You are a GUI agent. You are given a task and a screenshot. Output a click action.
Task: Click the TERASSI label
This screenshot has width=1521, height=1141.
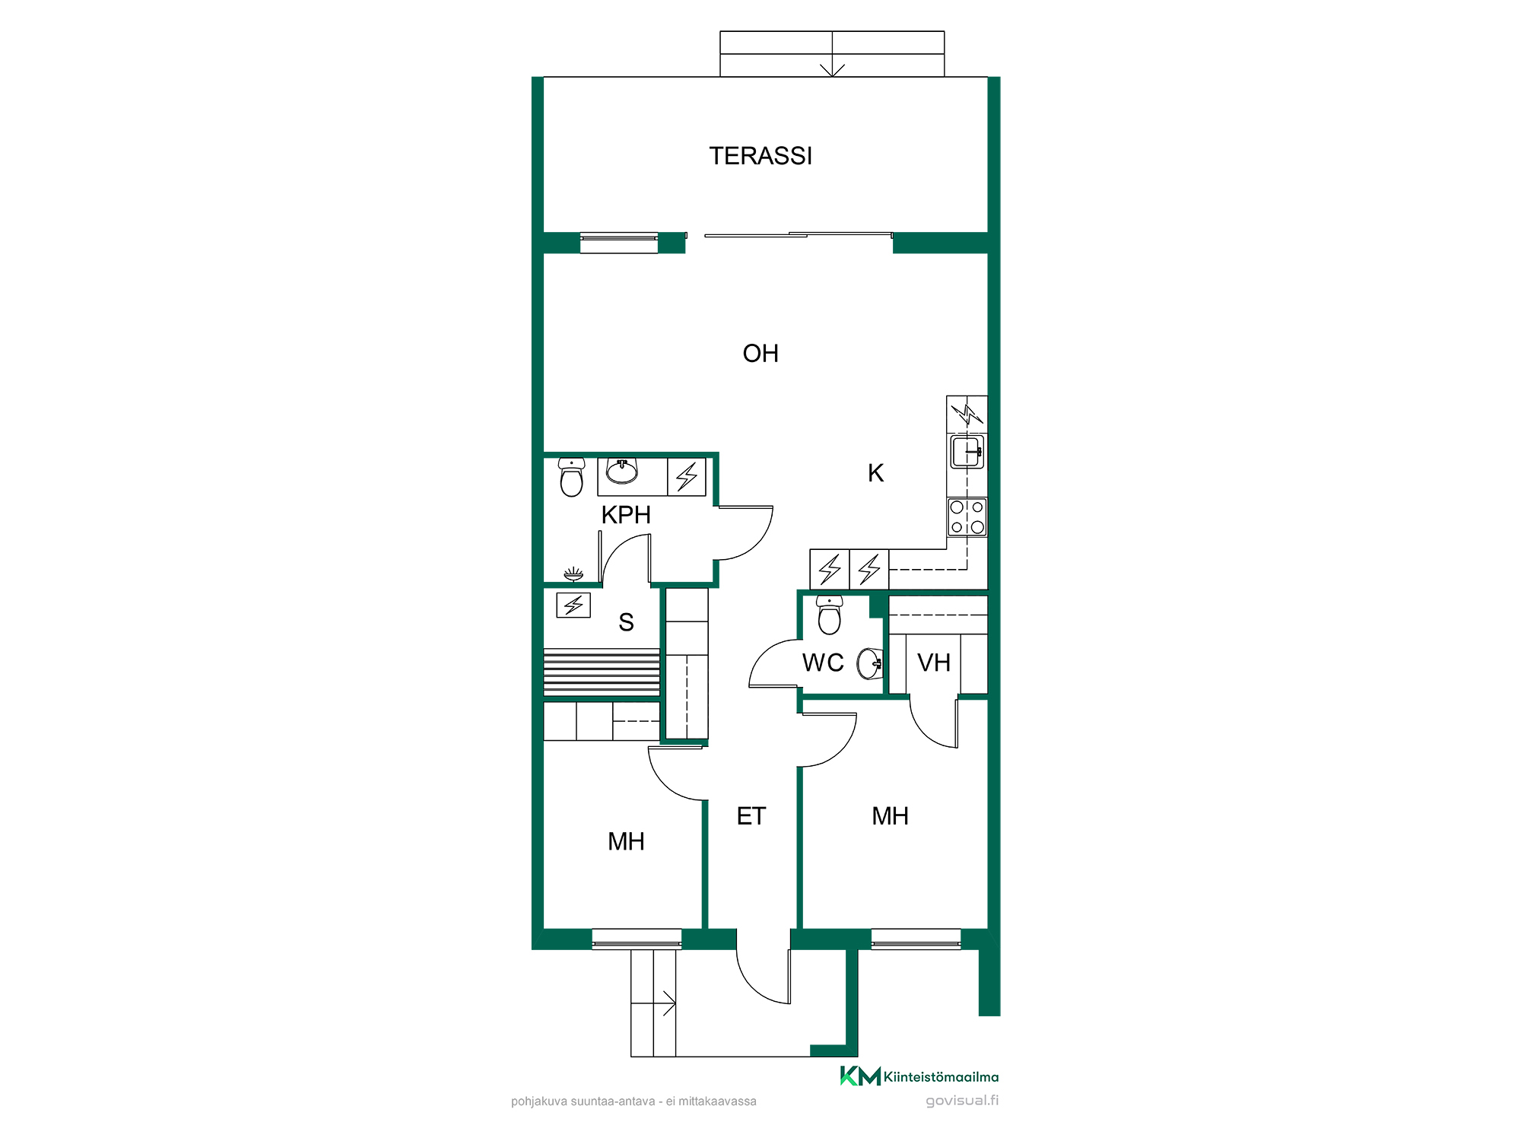coord(760,156)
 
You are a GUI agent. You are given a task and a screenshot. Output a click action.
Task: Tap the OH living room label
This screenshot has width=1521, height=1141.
coord(760,354)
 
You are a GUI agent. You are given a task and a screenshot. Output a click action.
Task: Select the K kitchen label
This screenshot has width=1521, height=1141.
coord(876,473)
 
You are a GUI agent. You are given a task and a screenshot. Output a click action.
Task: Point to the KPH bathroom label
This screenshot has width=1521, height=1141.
coord(626,515)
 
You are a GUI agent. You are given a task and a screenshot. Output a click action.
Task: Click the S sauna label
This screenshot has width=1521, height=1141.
coord(626,622)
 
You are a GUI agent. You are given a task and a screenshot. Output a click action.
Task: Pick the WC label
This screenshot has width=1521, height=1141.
coord(823,663)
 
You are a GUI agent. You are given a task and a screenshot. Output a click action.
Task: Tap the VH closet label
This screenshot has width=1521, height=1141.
coord(934,663)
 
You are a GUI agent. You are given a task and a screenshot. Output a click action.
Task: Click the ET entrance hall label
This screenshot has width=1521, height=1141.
coord(751,816)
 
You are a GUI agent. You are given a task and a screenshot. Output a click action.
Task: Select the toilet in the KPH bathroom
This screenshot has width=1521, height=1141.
coord(571,477)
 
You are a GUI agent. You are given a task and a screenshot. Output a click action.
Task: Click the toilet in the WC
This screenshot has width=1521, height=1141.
coord(829,615)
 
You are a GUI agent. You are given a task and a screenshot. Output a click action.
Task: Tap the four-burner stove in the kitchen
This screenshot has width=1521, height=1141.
coord(967,517)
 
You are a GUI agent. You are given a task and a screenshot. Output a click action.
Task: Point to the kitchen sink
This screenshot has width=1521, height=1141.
coord(967,452)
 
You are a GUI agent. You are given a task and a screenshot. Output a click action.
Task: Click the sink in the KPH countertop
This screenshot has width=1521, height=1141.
coord(621,472)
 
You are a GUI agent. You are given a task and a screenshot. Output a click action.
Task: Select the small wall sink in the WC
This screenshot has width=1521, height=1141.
coord(870,663)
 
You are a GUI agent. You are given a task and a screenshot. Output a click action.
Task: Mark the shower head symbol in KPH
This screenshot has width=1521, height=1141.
coord(573,573)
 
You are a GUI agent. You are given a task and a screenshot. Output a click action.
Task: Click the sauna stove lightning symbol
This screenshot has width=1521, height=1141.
coord(573,605)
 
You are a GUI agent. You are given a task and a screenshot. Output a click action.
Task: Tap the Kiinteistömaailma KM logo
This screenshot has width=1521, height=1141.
coord(860,1076)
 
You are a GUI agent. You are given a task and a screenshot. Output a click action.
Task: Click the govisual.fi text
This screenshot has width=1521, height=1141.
coord(962,1101)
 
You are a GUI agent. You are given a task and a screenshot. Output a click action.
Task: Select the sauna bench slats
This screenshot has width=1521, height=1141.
coord(602,672)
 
